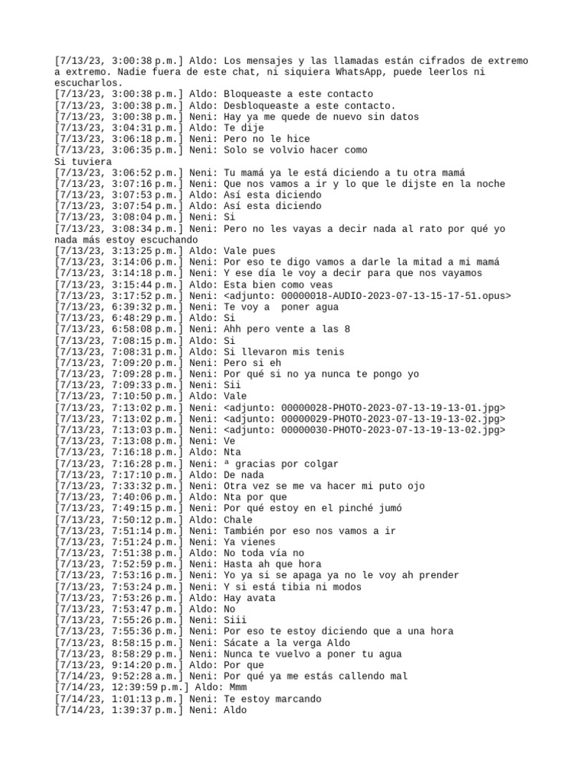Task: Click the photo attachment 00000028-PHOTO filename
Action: [364, 408]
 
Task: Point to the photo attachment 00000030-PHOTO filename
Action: [364, 430]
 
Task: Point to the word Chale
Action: [239, 519]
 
